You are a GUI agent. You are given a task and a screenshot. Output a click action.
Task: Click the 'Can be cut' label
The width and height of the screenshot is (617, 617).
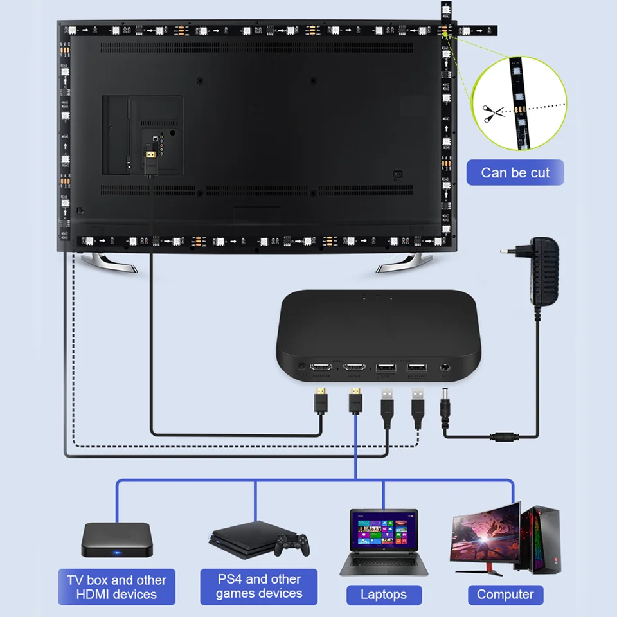515,172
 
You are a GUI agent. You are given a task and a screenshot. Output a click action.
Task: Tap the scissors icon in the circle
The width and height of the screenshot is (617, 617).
490,113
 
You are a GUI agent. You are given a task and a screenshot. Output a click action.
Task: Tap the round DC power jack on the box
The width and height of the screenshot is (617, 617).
444,369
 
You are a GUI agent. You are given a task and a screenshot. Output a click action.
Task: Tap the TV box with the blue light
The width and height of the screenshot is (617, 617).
116,540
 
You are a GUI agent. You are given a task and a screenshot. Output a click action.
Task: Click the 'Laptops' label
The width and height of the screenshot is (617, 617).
384,595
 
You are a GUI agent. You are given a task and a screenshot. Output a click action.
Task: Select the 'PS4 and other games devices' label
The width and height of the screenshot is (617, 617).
259,586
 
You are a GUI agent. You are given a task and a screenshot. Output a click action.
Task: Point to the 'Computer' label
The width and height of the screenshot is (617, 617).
505,595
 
